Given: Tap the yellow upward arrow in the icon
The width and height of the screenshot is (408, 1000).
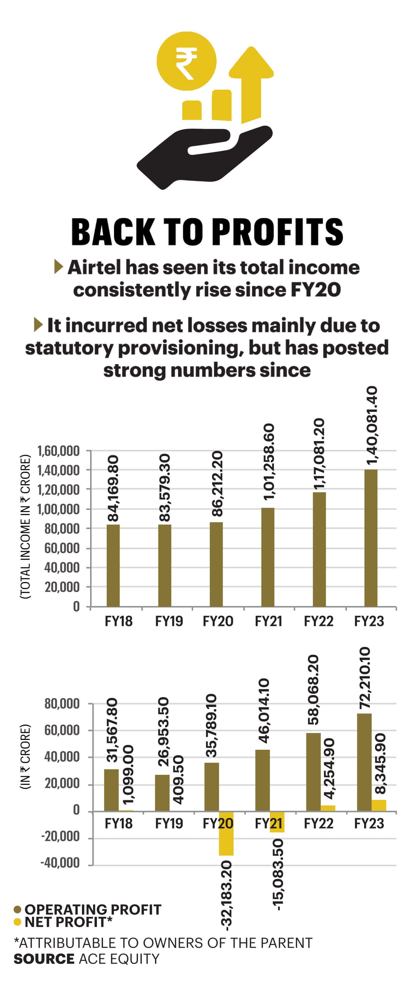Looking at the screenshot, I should pyautogui.click(x=251, y=84).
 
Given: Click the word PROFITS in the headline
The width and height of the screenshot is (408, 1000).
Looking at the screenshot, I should pyautogui.click(x=278, y=232).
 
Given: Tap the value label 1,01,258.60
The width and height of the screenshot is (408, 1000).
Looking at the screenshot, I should pyautogui.click(x=269, y=461).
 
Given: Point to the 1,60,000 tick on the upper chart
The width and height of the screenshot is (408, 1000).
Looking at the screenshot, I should pyautogui.click(x=58, y=451).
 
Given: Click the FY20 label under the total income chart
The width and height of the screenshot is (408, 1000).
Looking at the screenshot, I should pyautogui.click(x=218, y=621).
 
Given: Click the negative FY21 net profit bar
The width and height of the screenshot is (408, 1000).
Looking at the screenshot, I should pyautogui.click(x=277, y=822).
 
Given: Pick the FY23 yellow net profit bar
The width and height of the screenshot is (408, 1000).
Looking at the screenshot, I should pyautogui.click(x=378, y=805).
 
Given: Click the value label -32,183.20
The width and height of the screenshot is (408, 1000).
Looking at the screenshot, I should pyautogui.click(x=226, y=895).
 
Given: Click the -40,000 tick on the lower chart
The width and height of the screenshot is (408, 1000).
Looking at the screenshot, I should pyautogui.click(x=60, y=862).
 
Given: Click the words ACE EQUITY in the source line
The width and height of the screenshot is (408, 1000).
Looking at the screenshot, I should pyautogui.click(x=119, y=959).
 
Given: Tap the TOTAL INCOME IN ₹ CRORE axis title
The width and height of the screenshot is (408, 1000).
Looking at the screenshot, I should pyautogui.click(x=25, y=526).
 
